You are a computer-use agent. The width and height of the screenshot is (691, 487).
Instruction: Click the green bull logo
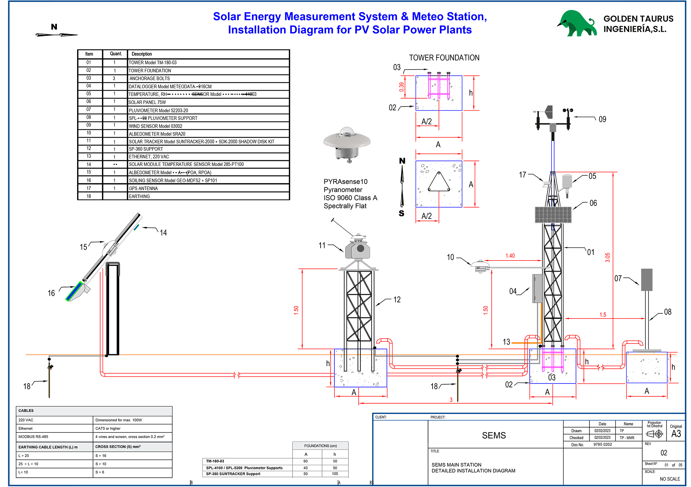point(576,24)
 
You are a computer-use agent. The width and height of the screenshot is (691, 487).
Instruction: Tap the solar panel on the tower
point(553,214)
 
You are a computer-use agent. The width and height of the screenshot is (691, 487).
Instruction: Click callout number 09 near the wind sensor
point(602,119)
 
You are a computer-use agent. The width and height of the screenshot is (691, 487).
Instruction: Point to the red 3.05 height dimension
point(607,258)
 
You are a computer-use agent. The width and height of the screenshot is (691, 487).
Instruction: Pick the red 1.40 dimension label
point(510,256)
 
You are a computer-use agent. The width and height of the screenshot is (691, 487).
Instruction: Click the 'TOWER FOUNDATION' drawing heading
point(444,58)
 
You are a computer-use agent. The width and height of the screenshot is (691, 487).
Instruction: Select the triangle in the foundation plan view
point(439,182)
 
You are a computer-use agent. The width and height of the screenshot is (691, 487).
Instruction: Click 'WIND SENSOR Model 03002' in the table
point(155,126)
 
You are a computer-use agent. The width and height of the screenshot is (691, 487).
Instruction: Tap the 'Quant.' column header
point(116,54)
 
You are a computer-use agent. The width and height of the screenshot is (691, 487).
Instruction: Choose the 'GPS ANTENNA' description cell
point(143,189)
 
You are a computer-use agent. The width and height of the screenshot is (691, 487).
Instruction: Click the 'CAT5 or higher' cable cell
point(108,429)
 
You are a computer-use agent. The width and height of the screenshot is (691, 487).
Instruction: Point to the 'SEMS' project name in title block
point(494,435)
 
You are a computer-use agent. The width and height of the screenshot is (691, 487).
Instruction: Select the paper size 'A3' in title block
point(676,434)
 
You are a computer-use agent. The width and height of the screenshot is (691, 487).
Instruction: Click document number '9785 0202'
point(603,444)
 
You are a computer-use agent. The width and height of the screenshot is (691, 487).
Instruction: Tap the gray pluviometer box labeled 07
point(646,279)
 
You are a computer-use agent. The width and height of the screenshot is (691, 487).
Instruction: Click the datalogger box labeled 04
point(537,288)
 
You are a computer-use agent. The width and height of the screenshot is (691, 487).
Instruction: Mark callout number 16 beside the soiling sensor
point(51,293)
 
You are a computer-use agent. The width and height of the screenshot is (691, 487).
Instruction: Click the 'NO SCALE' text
point(670,479)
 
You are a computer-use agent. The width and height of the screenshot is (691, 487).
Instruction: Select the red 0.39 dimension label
point(401,87)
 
